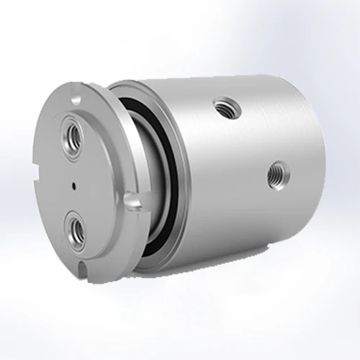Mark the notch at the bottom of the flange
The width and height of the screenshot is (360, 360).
[84, 270]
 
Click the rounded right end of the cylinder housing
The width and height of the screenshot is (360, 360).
[317, 166]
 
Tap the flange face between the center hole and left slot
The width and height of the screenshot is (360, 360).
[55, 180]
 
